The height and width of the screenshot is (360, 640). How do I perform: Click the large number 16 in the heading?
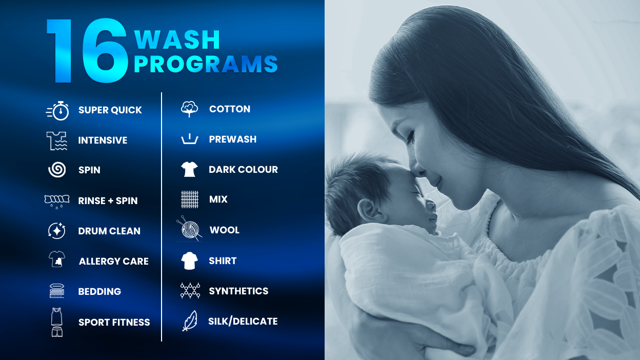(x=87, y=51)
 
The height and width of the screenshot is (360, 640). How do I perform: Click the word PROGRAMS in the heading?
(x=206, y=65)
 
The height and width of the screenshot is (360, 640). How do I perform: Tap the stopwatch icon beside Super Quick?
(x=58, y=111)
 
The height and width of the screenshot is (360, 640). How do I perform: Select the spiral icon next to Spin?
(x=57, y=170)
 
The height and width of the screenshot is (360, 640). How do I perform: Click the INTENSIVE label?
(x=103, y=141)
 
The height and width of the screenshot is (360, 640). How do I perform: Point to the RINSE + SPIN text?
(x=108, y=201)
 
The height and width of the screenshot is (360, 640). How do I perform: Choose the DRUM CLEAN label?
(x=109, y=231)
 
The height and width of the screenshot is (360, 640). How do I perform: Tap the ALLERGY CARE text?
(x=114, y=262)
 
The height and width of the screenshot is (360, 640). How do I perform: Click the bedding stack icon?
(x=56, y=291)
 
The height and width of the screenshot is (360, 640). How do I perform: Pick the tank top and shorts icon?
(x=56, y=323)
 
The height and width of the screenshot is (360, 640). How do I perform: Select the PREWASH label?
(x=233, y=139)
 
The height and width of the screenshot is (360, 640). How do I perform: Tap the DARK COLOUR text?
(x=243, y=170)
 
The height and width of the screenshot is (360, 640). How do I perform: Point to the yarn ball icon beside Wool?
(x=190, y=230)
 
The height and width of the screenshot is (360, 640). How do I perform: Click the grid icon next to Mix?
(x=190, y=199)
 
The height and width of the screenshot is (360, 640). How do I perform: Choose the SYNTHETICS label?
(x=238, y=291)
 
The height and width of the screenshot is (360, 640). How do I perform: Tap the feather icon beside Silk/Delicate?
(x=190, y=321)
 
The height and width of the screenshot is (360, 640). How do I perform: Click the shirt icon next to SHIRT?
(x=190, y=261)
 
